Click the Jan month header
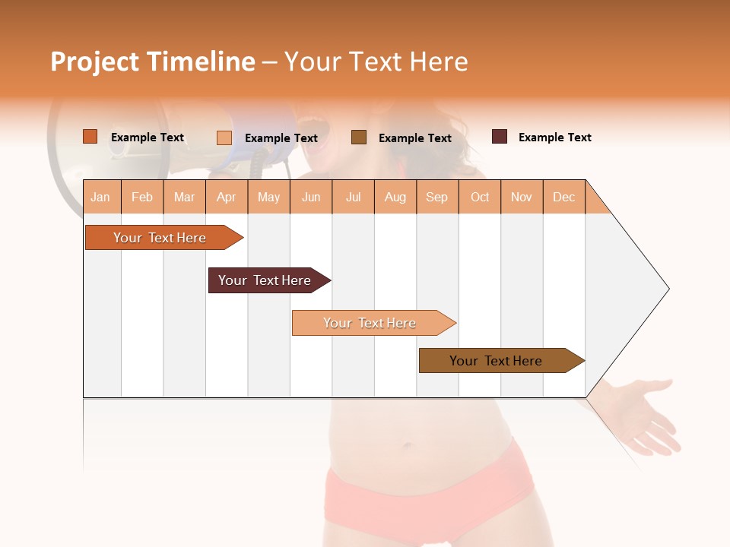[100, 197]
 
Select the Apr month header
[226, 197]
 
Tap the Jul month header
[353, 197]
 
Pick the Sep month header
[436, 197]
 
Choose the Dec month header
[563, 197]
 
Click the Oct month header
[479, 197]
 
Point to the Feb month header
[142, 197]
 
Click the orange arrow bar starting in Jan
[160, 238]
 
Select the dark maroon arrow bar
[265, 280]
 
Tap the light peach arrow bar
[370, 323]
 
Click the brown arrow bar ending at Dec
[496, 361]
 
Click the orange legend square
[90, 137]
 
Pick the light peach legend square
[224, 138]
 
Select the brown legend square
[358, 138]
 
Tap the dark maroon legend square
[499, 137]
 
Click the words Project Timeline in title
[152, 62]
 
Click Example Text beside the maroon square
[554, 138]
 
